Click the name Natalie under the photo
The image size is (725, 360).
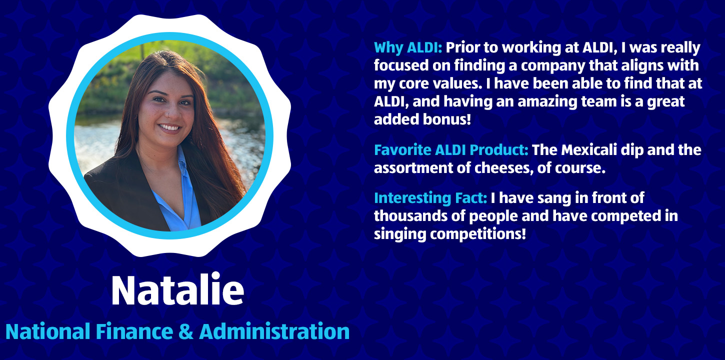tap(177, 289)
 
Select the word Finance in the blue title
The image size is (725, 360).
tap(134, 331)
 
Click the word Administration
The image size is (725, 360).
tap(274, 331)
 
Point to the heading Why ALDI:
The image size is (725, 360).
tap(408, 47)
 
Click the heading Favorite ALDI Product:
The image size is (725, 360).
tap(451, 150)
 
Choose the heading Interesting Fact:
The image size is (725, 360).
tap(430, 198)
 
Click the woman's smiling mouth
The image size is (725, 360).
tap(169, 127)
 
